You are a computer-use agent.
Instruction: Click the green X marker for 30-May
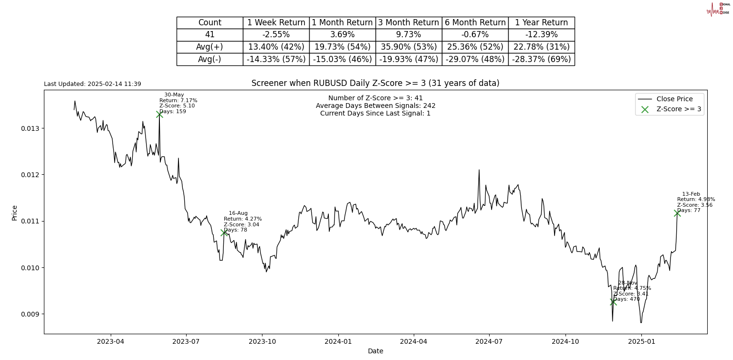click(x=159, y=114)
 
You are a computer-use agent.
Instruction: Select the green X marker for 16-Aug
click(x=224, y=233)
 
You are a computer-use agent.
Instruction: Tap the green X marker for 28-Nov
click(x=613, y=302)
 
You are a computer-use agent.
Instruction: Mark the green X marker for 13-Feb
click(x=677, y=213)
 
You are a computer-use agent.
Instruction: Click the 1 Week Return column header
click(x=276, y=22)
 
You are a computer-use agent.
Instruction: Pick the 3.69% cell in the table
click(x=342, y=35)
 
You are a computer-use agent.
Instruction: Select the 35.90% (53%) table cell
click(x=408, y=47)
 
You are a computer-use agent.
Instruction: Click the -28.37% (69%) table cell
click(x=541, y=59)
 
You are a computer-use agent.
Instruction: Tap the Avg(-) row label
click(x=209, y=59)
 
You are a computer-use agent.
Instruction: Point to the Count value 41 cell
click(x=209, y=35)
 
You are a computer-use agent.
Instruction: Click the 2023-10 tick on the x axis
click(x=262, y=341)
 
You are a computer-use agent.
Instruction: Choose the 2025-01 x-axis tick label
click(x=641, y=341)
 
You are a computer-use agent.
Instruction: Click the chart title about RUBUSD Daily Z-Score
click(x=375, y=83)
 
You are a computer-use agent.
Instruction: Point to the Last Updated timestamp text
click(x=93, y=84)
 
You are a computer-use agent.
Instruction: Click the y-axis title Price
click(x=14, y=212)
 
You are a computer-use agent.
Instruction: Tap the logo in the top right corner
click(x=718, y=9)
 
